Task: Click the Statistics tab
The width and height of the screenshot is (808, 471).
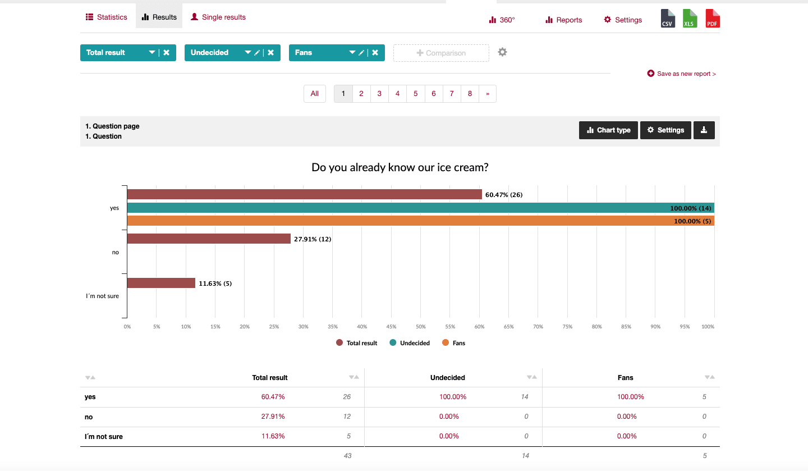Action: tap(107, 17)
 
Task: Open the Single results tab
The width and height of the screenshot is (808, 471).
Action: tap(218, 17)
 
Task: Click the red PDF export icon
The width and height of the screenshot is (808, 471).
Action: tap(712, 19)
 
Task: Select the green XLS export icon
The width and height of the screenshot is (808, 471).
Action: tap(690, 19)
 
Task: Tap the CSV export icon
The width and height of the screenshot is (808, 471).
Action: tap(667, 19)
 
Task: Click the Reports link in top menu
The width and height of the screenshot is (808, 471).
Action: tap(563, 20)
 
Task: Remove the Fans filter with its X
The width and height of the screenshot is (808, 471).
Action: tap(375, 53)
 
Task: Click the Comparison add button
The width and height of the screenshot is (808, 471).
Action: tap(441, 53)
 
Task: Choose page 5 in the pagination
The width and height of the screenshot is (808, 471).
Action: tap(415, 94)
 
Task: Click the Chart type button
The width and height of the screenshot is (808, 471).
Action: tap(608, 130)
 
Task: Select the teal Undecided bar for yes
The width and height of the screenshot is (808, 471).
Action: tap(393, 208)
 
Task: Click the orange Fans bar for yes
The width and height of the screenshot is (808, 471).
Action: tap(393, 221)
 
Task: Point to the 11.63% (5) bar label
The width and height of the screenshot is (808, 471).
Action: tap(215, 283)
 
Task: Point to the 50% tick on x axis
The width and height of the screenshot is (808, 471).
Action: tap(421, 327)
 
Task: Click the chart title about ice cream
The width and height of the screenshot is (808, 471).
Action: tap(400, 167)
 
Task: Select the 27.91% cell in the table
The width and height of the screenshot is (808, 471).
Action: tap(273, 417)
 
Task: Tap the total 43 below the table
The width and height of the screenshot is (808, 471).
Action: tap(347, 456)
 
